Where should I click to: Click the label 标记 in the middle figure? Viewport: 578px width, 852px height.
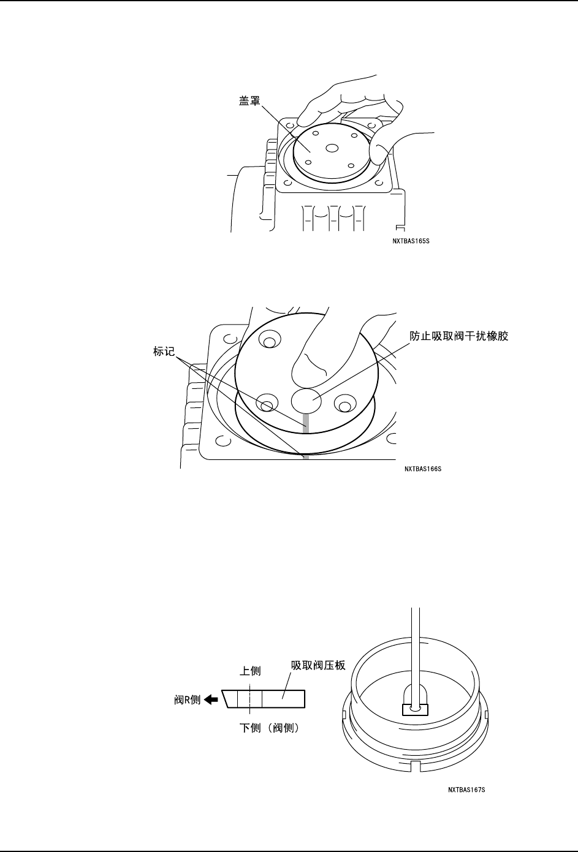(165, 353)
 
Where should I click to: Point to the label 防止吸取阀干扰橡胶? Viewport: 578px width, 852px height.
(459, 337)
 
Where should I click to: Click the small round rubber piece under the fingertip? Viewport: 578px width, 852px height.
(306, 401)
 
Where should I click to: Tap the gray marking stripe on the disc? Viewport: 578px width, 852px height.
(305, 422)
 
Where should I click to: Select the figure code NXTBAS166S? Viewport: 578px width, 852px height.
(423, 469)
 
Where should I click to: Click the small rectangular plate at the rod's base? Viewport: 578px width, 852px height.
(414, 709)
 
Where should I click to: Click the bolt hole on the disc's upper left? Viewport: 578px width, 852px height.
(268, 340)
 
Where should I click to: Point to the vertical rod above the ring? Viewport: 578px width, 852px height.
(415, 649)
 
